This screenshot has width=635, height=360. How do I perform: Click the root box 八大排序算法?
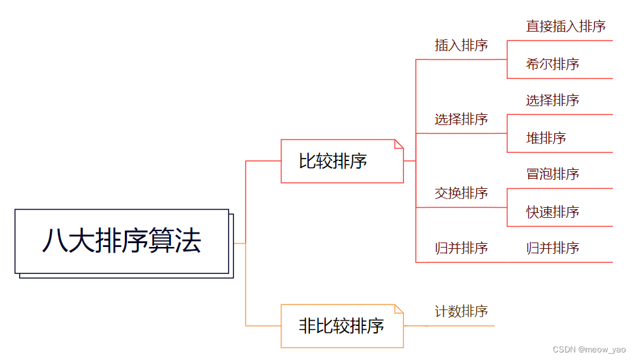pos(121,241)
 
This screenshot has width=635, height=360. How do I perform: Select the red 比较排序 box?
pos(341,161)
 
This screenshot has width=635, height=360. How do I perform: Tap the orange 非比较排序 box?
pos(341,326)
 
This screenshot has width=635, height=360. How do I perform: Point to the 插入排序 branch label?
pos(461,45)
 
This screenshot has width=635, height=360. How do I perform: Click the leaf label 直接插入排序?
pos(566,27)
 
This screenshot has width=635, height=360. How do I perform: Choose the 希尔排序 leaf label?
pos(552,64)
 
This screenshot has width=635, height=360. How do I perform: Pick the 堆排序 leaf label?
pos(546,138)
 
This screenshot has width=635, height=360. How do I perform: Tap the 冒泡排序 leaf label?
pos(552,174)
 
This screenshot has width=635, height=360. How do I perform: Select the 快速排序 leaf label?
pos(552,212)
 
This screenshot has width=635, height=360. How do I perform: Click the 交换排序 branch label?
pos(461,193)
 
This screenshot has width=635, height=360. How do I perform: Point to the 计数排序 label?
pos(461,311)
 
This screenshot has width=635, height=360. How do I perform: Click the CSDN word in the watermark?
pos(564,349)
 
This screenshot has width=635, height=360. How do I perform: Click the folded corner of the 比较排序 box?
pos(399,143)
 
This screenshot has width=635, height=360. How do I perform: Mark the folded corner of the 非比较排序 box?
pos(399,308)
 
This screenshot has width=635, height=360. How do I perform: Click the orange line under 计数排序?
pos(461,325)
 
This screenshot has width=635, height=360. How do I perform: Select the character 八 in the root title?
pos(54,241)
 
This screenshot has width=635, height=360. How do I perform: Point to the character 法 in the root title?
pos(187,241)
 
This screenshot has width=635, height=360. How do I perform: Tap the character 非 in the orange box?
pos(307,326)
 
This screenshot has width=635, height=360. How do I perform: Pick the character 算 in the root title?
pos(161,241)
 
